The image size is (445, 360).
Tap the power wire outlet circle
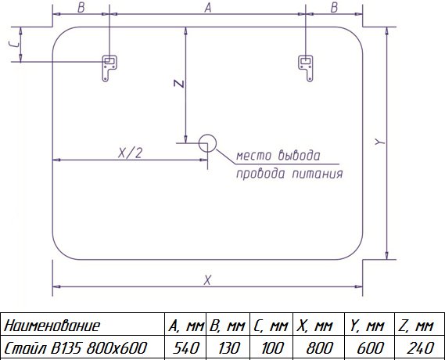point(207,143)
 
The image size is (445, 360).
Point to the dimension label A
point(208,8)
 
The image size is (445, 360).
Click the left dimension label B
point(81,8)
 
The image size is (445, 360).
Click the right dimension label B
point(334,8)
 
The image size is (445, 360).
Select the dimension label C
point(14,44)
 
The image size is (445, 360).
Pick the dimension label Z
point(179,84)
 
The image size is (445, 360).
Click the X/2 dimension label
point(130,153)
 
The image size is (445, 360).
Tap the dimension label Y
point(380,142)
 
